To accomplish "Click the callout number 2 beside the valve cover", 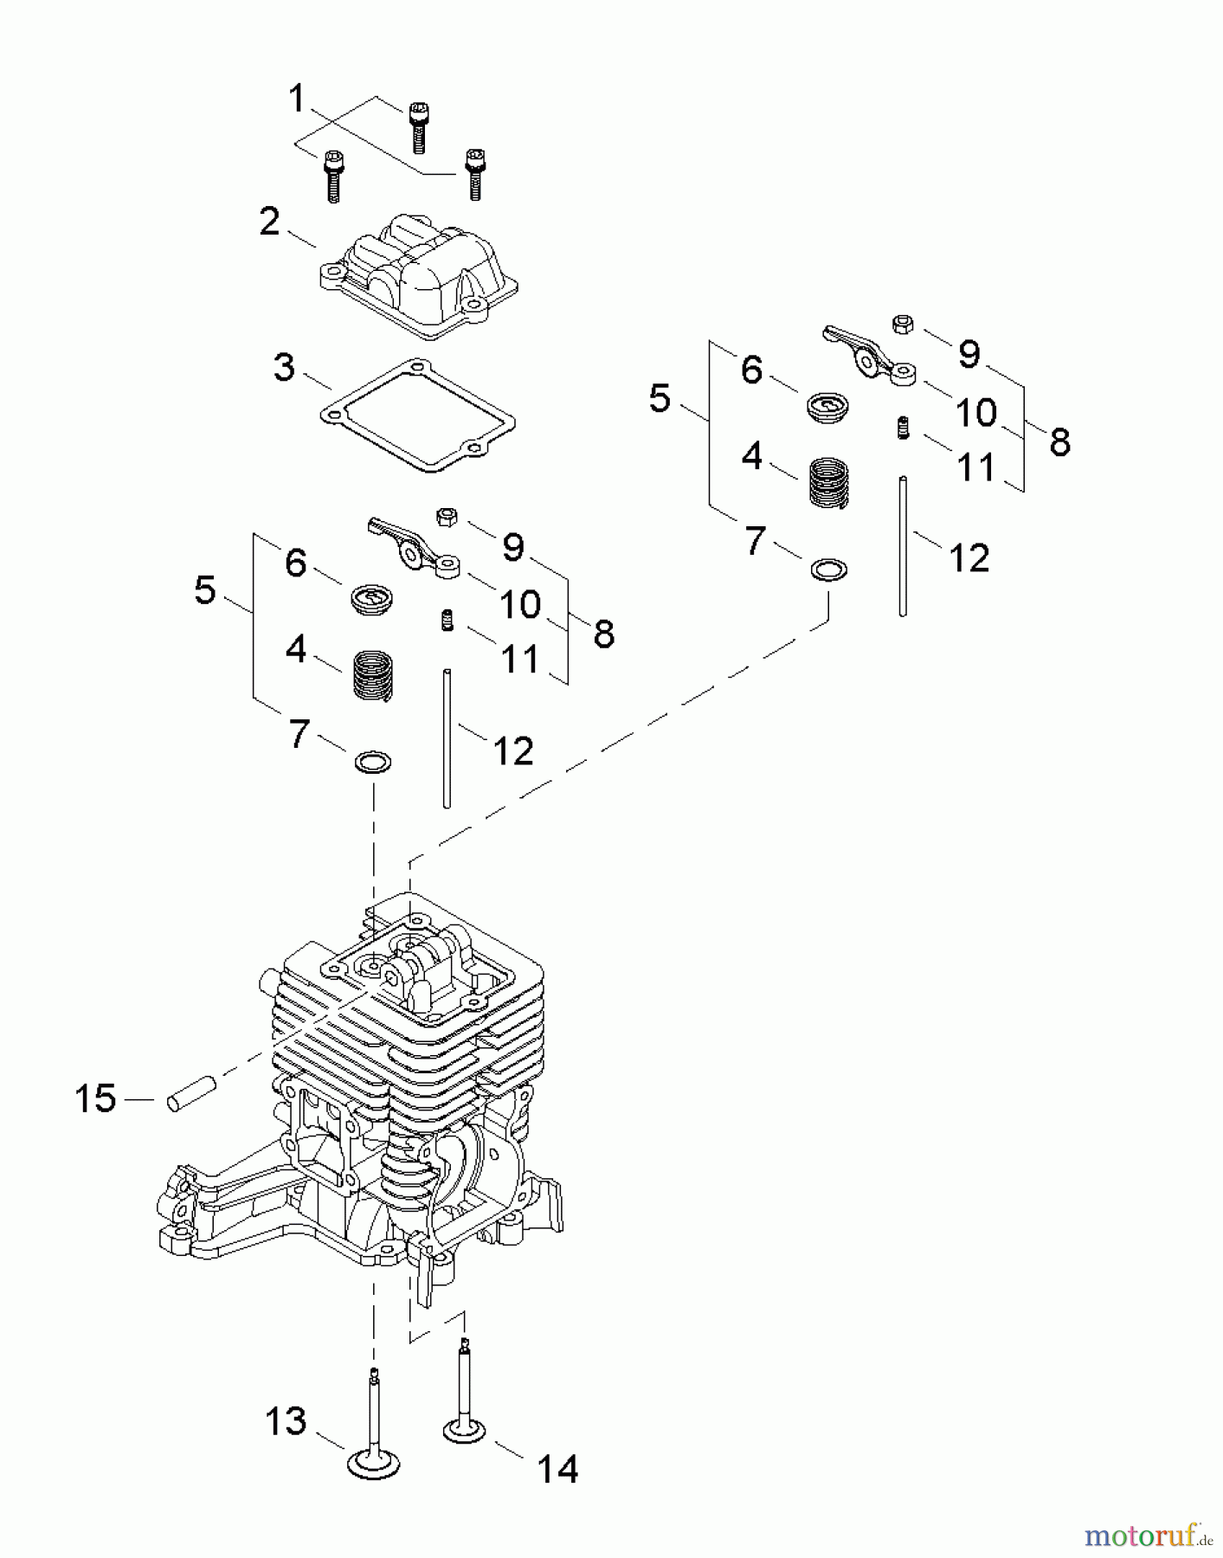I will [x=270, y=223].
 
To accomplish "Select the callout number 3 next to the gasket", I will [x=284, y=368].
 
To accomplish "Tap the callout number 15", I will [x=95, y=1099].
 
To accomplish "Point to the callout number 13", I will [x=286, y=1421].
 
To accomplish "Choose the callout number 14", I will [x=557, y=1469].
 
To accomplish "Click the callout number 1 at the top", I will [x=297, y=99].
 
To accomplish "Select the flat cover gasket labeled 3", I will [x=417, y=415].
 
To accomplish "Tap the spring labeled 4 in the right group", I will [x=829, y=482].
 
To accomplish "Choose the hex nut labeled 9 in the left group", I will [x=447, y=518].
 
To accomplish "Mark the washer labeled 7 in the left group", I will [x=373, y=763].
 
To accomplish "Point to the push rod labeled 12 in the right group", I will [x=903, y=545].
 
